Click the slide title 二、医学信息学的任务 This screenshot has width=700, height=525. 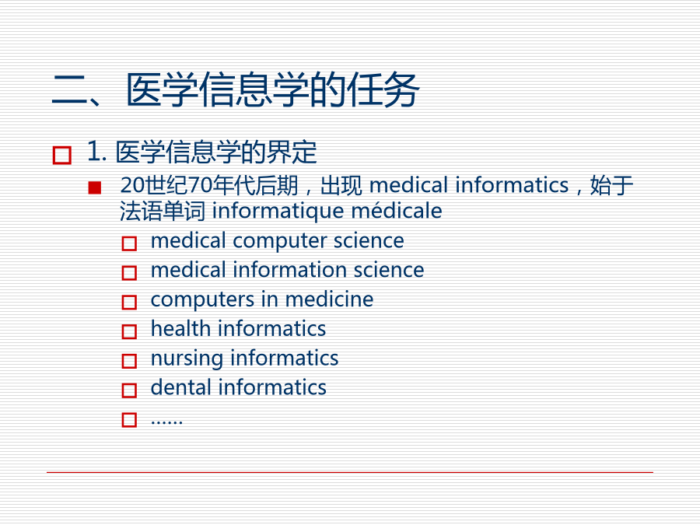[x=236, y=89]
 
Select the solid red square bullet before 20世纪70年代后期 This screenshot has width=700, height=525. [x=95, y=187]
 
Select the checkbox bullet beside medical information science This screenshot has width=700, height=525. [x=129, y=272]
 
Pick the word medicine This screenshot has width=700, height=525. [x=329, y=299]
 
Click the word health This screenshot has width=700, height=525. [x=180, y=328]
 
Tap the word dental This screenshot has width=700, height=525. [x=180, y=387]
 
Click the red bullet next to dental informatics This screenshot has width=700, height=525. [x=129, y=390]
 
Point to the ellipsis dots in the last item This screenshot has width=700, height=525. [x=166, y=422]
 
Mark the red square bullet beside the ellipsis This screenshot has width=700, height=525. [x=129, y=420]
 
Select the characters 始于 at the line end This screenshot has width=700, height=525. [x=611, y=185]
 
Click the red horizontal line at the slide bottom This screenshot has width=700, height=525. [x=350, y=472]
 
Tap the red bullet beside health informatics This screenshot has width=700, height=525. [x=129, y=331]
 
